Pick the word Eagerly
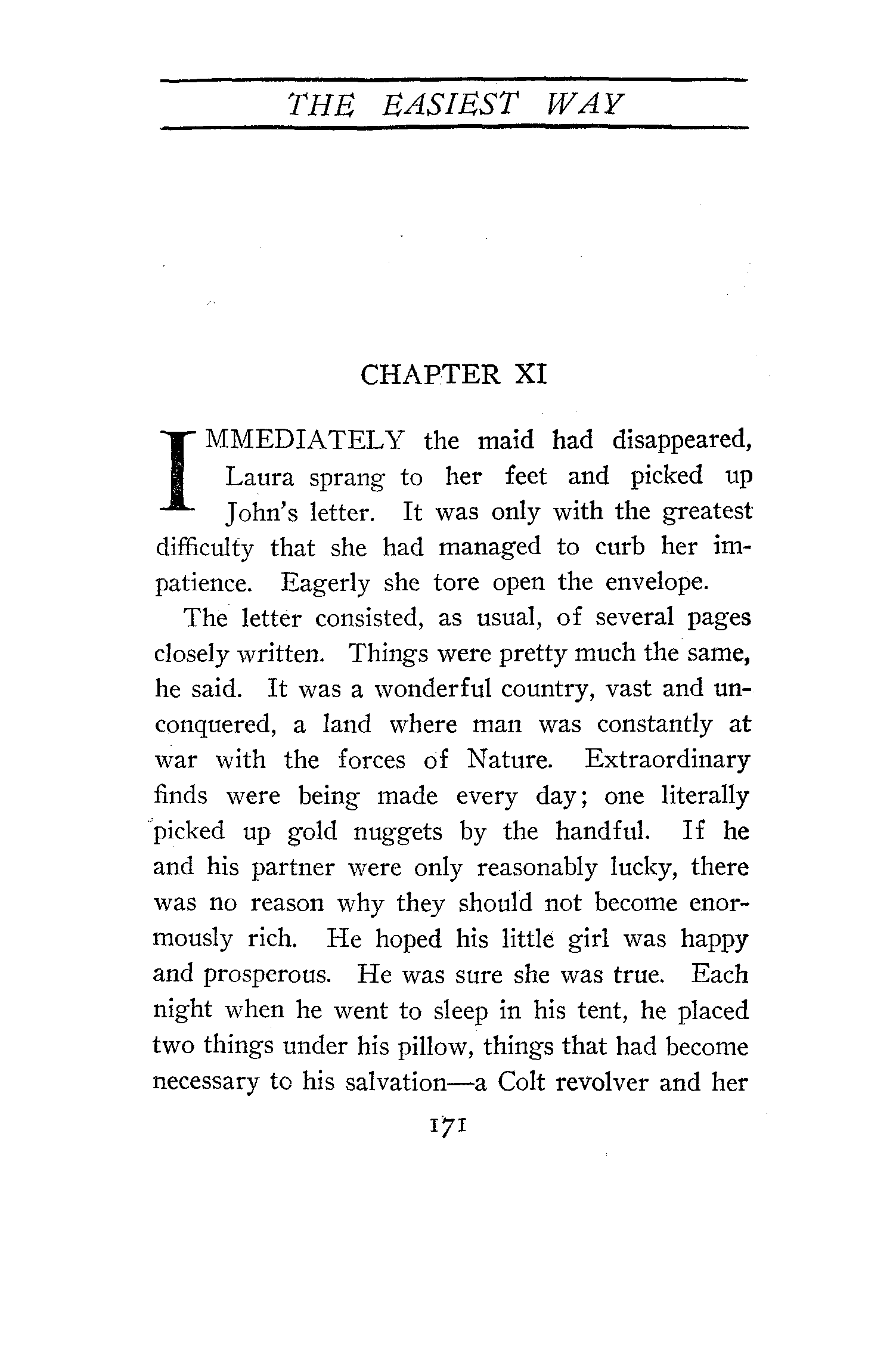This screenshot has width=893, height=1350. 325,583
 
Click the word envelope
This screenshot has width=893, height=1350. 657,583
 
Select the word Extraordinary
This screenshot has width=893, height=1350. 666,760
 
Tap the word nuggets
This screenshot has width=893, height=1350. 398,831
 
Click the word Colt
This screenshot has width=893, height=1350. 520,1082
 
